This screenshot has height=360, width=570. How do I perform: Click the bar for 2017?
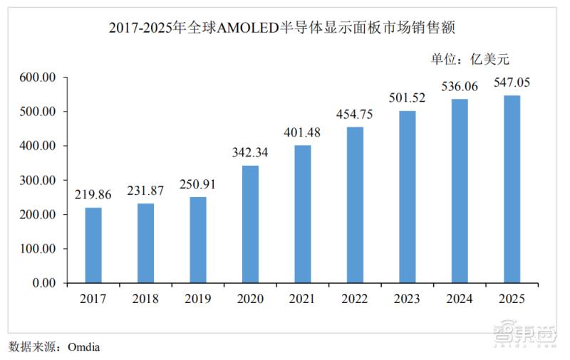coord(93,245)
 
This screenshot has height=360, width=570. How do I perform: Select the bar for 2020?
coord(250,224)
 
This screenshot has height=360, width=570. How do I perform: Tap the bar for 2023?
coord(407,196)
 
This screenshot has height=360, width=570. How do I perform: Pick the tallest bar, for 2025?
coord(512,189)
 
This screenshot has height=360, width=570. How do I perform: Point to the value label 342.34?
coord(250,153)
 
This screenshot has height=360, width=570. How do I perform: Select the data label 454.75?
coord(355,115)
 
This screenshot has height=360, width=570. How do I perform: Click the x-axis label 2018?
coord(145,300)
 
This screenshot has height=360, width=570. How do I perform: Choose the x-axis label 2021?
coord(302,300)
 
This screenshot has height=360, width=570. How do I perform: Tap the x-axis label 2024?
coord(460,300)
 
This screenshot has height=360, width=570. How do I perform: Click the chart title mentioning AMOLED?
coord(285,28)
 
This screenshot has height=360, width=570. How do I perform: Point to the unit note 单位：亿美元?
coord(470,58)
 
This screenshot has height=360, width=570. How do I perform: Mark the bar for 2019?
coord(198,239)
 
